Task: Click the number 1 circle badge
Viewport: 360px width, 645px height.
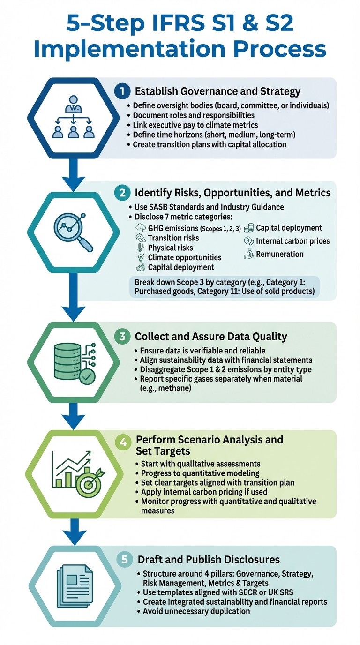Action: click(x=122, y=91)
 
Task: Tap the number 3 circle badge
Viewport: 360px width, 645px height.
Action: click(x=122, y=336)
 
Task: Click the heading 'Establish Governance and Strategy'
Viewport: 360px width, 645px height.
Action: click(x=217, y=91)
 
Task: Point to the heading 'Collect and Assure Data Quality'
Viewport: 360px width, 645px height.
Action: click(x=211, y=337)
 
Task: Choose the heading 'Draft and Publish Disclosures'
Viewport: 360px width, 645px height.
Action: click(x=209, y=560)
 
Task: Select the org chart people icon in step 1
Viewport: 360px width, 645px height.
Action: click(x=73, y=118)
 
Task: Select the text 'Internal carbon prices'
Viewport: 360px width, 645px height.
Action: click(x=292, y=241)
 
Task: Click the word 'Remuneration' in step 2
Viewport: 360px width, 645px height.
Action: click(x=280, y=254)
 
